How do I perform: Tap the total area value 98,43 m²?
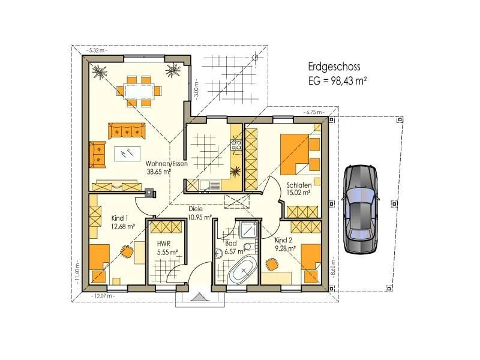(348, 81)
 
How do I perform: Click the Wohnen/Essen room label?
(167, 163)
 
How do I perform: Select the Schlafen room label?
(299, 185)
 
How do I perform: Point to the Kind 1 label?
(119, 218)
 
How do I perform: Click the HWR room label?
(163, 244)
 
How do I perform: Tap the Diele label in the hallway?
(196, 209)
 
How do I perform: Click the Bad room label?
(231, 244)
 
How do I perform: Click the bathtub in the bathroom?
(244, 271)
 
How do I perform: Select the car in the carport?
(361, 209)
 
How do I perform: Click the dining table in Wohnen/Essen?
(139, 91)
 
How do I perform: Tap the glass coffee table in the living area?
(127, 154)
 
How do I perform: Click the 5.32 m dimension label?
(97, 50)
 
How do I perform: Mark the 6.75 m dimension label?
(314, 112)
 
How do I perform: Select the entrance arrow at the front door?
(199, 296)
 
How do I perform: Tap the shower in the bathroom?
(249, 230)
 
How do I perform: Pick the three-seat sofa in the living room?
(127, 131)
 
